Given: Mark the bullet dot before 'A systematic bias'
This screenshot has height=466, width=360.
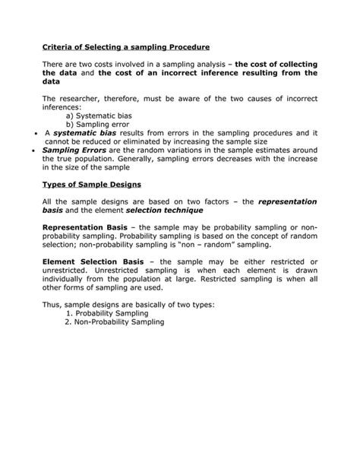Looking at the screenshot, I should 36,132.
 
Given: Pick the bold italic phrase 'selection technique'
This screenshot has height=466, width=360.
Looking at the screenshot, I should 159,211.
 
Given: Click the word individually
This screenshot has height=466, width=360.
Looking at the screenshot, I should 66,281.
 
